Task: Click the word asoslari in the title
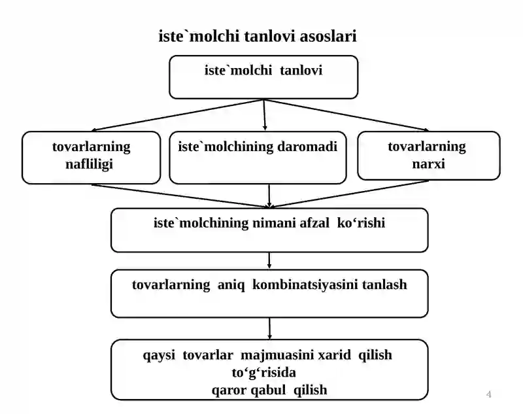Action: coord(328,36)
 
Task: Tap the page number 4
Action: coord(488,394)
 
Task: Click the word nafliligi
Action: coord(89,164)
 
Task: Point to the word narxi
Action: coord(429,164)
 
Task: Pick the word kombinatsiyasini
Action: coord(305,285)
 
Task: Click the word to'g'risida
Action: coord(264,373)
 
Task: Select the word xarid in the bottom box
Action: coord(334,354)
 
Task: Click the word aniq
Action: coord(231,285)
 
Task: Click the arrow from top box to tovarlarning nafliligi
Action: coord(177,115)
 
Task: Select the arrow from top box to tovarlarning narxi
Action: coord(346,115)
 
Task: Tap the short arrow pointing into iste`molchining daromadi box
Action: coord(265,114)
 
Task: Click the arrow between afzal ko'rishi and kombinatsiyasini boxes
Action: coord(269,260)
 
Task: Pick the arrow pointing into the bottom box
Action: coord(269,328)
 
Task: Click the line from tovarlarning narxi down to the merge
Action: coord(349,194)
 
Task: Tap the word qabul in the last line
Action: coord(268,390)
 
